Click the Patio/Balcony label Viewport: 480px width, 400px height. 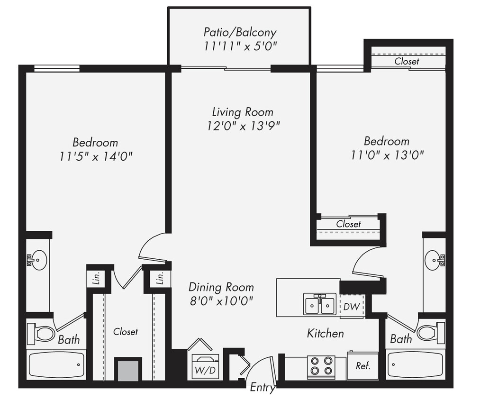pos(240,32)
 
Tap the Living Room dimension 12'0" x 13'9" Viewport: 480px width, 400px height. pos(240,126)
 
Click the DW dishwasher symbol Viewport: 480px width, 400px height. pos(351,307)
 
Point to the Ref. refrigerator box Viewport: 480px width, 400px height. pos(362,366)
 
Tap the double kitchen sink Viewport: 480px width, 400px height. pos(320,304)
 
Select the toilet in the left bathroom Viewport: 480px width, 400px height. pos(41,333)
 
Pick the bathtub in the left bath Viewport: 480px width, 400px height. pos(57,365)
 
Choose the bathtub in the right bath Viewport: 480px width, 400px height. pos(415,365)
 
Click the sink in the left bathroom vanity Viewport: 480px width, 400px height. pos(37,260)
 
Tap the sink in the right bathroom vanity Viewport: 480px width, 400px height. pos(435,260)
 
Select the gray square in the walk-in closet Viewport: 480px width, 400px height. pos(128,370)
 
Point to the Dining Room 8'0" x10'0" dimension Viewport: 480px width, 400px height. pos(221,300)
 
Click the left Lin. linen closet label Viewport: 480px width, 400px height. pos(94,279)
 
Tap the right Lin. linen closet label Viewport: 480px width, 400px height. pos(160,279)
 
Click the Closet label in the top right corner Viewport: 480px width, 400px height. pos(407,62)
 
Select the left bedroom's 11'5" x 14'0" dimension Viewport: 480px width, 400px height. pos(95,156)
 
